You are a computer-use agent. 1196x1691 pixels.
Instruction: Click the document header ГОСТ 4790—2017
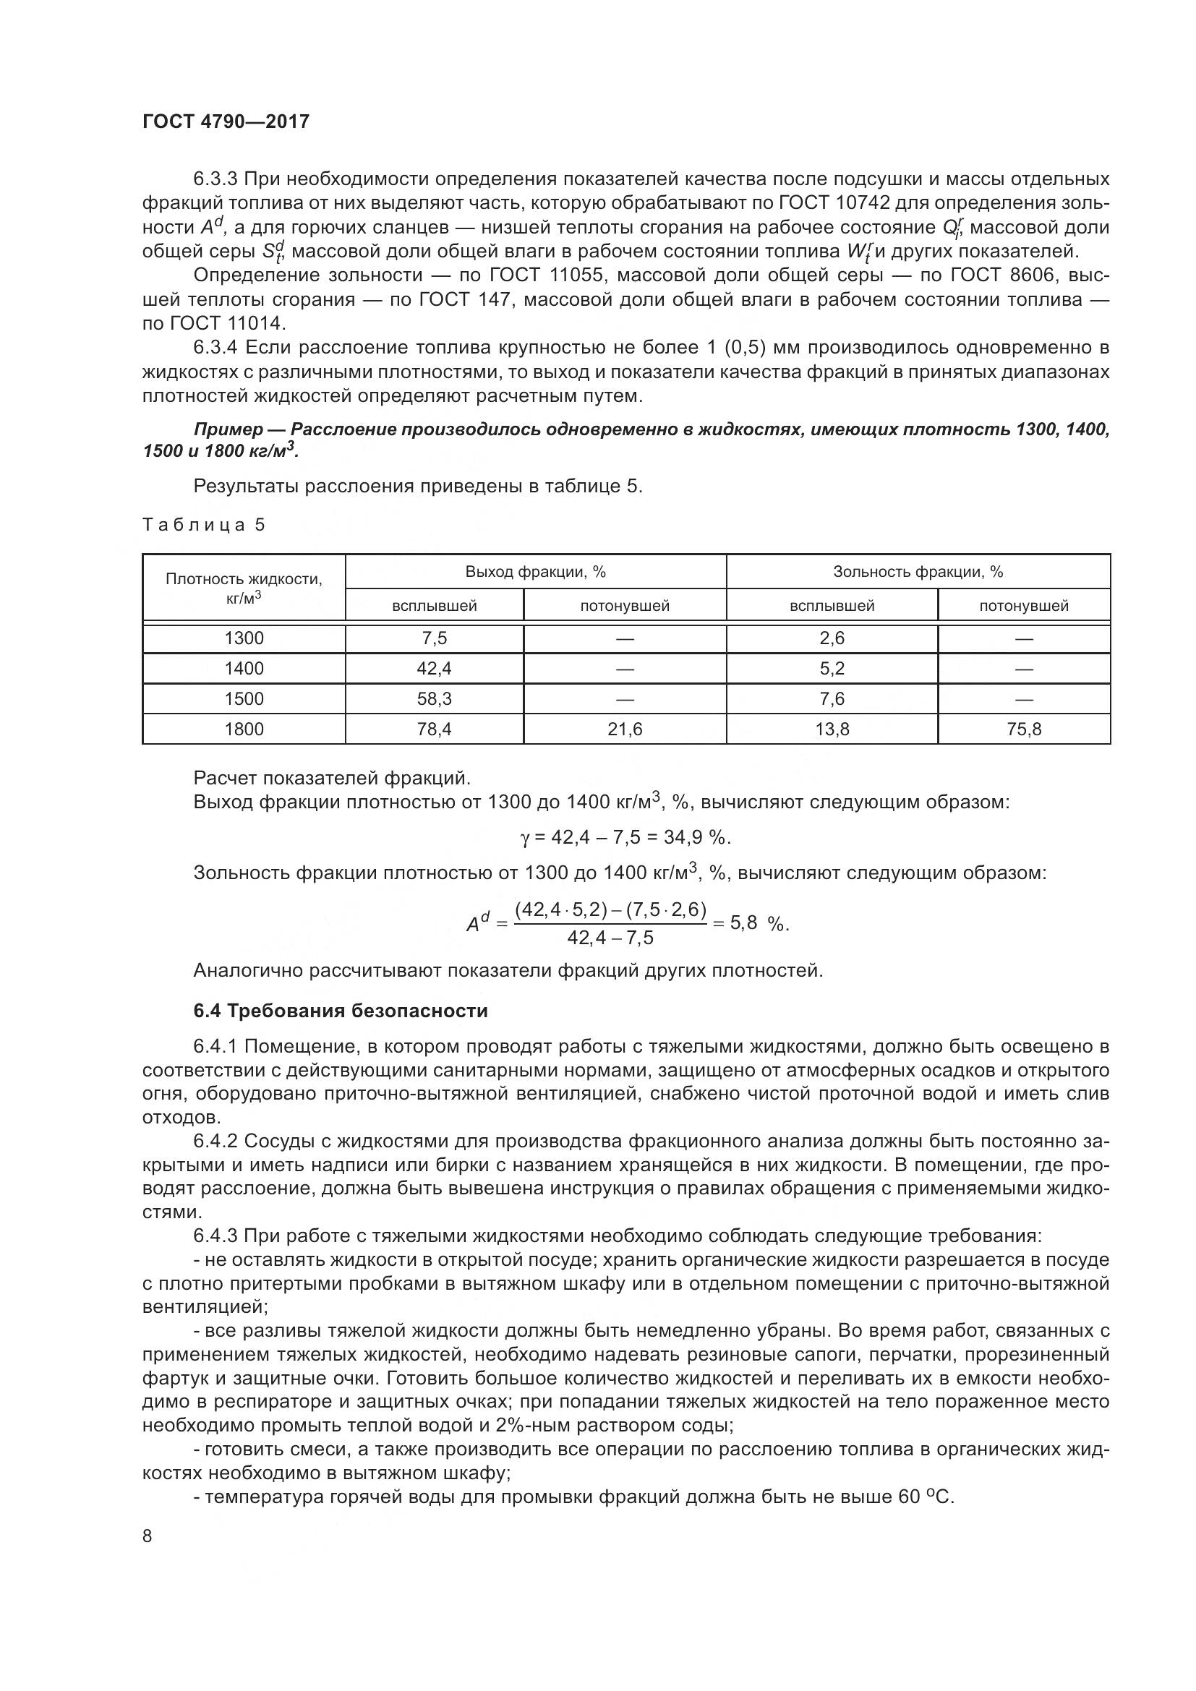pos(226,121)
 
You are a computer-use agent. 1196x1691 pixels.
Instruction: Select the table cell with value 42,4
pos(434,668)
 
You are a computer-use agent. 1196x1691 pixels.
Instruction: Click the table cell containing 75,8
pos(1023,729)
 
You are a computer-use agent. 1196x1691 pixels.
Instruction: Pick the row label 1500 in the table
pos(244,698)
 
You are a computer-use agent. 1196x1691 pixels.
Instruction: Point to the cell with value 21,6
pos(625,729)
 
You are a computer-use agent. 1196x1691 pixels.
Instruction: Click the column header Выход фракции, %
pos(535,572)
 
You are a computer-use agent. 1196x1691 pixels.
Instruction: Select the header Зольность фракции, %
pos(918,572)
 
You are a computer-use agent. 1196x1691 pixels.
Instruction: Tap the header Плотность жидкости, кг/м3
pos(244,588)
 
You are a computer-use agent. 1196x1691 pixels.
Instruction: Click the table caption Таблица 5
pos(203,524)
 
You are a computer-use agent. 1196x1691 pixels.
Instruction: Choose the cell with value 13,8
pos(832,729)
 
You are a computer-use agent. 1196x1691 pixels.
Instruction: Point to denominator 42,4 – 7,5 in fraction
pos(610,938)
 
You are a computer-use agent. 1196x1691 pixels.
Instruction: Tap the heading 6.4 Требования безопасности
pos(341,1011)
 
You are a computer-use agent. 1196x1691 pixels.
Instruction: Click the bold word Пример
pos(228,429)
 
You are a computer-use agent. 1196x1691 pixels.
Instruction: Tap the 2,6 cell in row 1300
pos(832,638)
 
